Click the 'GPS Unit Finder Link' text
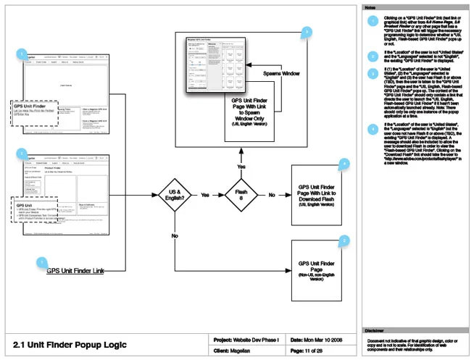click(x=75, y=271)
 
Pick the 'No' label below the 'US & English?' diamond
click(x=175, y=236)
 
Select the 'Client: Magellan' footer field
click(x=243, y=351)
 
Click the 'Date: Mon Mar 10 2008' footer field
click(x=320, y=338)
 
